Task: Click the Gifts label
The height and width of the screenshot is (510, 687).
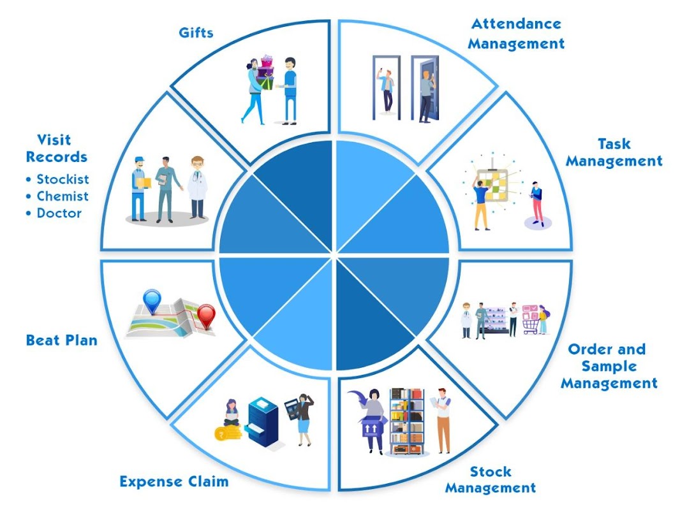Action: [x=196, y=33]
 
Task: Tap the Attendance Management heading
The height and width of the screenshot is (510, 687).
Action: [x=517, y=34]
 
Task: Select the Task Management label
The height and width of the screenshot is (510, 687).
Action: [x=614, y=152]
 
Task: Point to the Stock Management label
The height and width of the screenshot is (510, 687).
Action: [x=490, y=480]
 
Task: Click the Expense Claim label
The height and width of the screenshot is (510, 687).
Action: [x=174, y=481]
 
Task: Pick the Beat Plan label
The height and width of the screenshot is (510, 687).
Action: [x=62, y=340]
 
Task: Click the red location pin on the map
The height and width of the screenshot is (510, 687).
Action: [x=206, y=316]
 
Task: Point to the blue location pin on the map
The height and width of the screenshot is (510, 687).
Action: [x=152, y=300]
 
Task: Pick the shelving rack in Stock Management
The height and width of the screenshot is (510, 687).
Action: [x=407, y=421]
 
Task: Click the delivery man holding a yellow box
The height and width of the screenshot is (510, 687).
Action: [x=140, y=188]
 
